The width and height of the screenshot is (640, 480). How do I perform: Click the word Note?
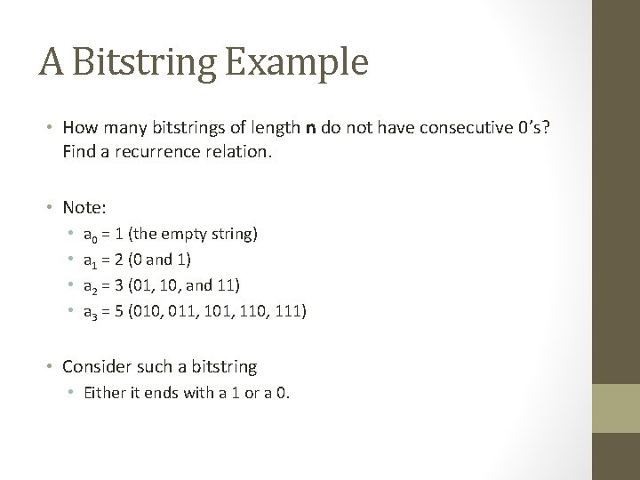(84, 207)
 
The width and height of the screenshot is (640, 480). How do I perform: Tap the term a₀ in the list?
(90, 236)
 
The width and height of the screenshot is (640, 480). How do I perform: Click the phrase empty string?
(209, 236)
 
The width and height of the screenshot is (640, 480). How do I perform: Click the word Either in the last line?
(102, 392)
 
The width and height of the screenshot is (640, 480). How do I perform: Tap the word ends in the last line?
(150, 392)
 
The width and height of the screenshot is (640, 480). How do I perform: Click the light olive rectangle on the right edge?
(615, 408)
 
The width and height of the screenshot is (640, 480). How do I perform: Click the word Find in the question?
(77, 152)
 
